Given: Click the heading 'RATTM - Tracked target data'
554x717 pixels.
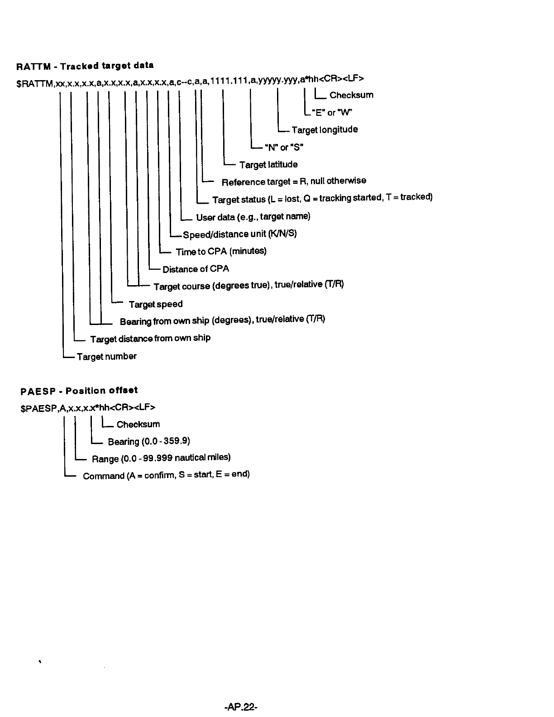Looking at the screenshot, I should (85, 66).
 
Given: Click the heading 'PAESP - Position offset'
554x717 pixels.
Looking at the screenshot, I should (79, 390).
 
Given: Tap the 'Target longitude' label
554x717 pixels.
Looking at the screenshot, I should (325, 130).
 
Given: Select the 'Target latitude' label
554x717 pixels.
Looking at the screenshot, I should (268, 164).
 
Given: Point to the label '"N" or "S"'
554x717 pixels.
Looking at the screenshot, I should (284, 147).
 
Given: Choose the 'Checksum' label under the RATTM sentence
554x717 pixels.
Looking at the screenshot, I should (351, 95).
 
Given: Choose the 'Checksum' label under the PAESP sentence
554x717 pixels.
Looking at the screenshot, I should (138, 424).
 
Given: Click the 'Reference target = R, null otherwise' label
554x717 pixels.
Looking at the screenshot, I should (294, 182).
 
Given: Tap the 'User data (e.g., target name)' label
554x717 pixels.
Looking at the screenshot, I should (253, 217).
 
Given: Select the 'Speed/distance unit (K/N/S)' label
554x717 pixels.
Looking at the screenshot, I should (240, 234).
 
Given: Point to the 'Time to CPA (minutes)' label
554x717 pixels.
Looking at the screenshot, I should (221, 251).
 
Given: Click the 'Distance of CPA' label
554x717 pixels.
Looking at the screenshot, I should (196, 269).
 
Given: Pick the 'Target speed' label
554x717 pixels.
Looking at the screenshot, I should (156, 304).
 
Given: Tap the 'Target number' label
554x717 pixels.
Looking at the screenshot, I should (106, 357).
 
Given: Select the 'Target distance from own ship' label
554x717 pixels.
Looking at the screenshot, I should (150, 339).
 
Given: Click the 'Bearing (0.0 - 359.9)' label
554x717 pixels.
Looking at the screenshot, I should (149, 441).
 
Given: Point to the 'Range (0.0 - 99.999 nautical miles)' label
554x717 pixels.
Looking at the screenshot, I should (161, 459).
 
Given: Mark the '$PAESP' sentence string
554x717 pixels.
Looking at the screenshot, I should (88, 407).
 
